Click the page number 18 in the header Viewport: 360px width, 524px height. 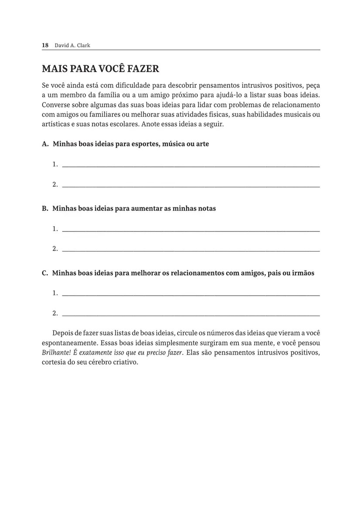pos(45,45)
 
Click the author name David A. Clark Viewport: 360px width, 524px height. pos(72,45)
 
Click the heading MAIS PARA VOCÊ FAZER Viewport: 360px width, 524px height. pos(100,69)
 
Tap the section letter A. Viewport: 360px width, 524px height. pos(45,144)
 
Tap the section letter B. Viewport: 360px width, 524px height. pos(45,209)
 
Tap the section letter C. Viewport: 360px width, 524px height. pos(45,273)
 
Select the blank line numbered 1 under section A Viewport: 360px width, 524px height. pos(191,165)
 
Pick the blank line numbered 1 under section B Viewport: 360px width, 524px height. pos(191,230)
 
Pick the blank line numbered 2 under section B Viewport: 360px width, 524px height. pos(191,250)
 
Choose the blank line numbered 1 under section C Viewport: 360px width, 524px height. pos(191,294)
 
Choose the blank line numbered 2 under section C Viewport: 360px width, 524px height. pos(191,314)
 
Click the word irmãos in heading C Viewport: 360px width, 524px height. pos(303,273)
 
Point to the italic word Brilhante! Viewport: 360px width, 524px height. pos(57,353)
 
